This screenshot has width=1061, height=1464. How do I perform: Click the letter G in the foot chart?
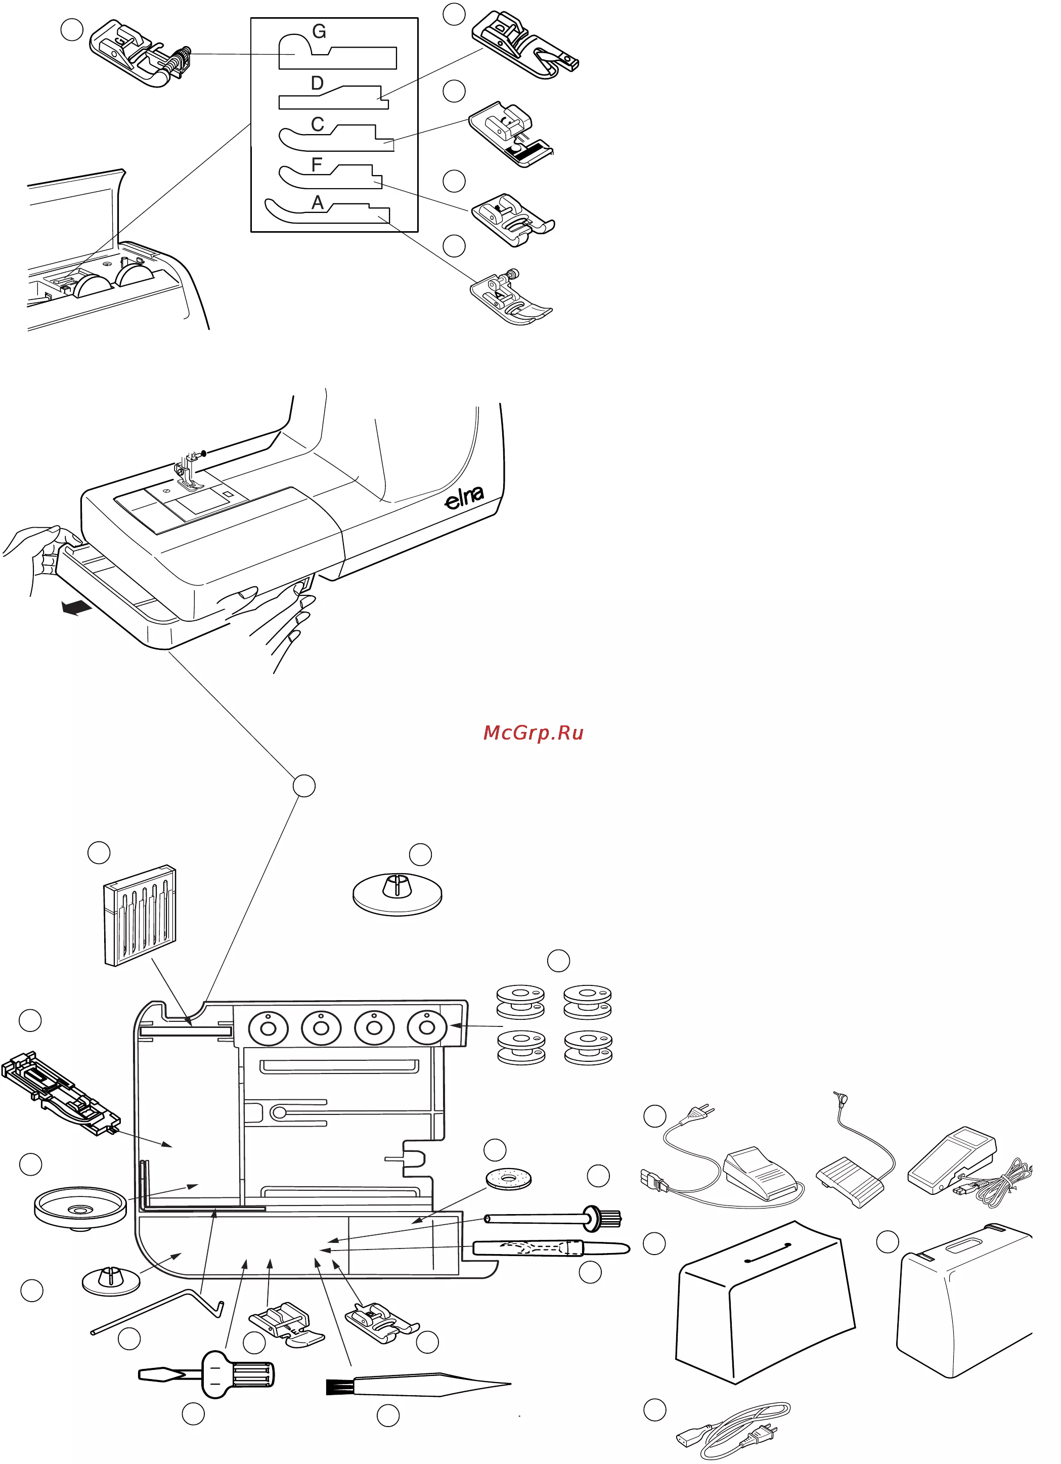pyautogui.click(x=319, y=32)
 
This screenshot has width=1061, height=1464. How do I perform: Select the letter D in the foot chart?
pyautogui.click(x=317, y=83)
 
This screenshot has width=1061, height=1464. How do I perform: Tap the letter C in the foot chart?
pyautogui.click(x=317, y=124)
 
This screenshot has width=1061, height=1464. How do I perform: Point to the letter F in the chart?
pyautogui.click(x=316, y=164)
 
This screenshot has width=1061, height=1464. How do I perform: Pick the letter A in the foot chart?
pyautogui.click(x=317, y=203)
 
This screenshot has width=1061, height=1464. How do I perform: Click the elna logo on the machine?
pyautogui.click(x=464, y=497)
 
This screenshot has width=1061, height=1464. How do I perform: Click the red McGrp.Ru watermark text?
pyautogui.click(x=533, y=733)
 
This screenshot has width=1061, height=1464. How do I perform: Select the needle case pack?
pyautogui.click(x=140, y=915)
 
